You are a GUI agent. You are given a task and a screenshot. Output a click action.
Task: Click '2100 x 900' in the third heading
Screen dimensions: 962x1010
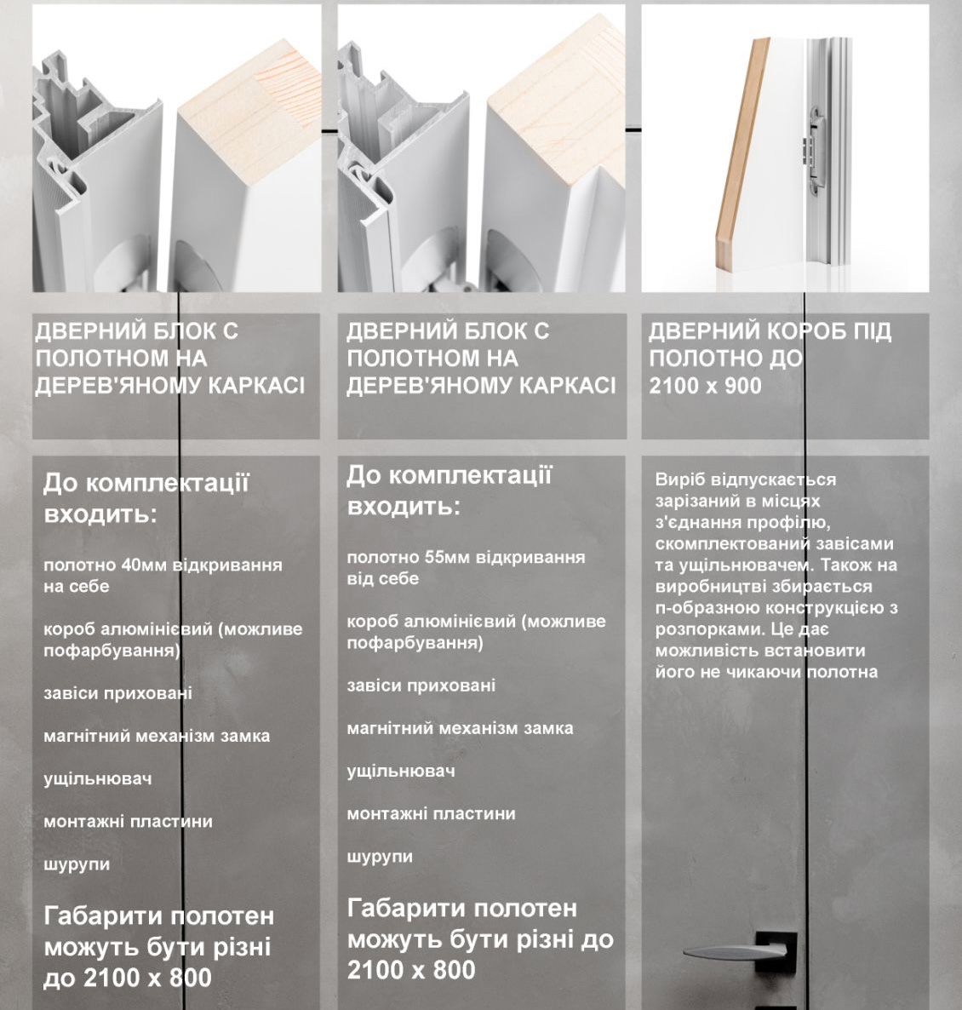(705, 386)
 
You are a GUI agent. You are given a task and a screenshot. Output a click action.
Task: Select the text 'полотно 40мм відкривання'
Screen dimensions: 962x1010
(163, 565)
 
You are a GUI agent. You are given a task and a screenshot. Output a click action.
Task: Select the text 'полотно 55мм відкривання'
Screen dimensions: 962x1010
(467, 557)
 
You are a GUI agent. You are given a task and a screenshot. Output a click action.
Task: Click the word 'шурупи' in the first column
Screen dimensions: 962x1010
(77, 865)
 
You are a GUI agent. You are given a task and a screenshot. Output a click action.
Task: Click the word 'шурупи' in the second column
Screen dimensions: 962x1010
(380, 858)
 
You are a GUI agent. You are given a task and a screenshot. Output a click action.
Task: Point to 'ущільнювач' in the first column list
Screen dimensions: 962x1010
(98, 778)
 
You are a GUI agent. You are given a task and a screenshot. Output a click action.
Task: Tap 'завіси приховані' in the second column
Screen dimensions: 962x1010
(421, 686)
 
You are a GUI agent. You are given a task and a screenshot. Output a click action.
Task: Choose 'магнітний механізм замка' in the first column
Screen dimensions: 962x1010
(157, 736)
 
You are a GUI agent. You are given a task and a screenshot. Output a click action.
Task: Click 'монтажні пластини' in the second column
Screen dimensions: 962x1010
(432, 813)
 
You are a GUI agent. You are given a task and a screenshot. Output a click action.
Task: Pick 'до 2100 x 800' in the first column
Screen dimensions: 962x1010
(128, 978)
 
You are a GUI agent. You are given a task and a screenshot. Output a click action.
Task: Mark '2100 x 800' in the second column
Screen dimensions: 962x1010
(411, 969)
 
